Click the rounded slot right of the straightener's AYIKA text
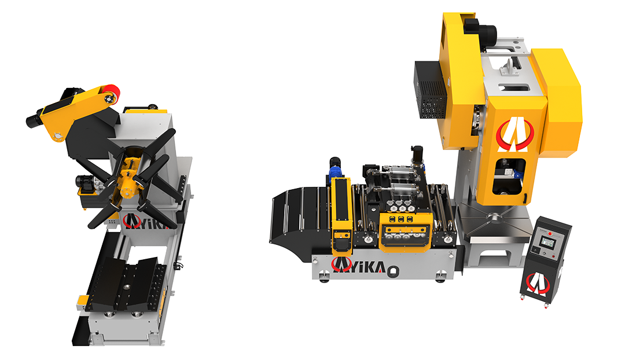pyautogui.click(x=393, y=269)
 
